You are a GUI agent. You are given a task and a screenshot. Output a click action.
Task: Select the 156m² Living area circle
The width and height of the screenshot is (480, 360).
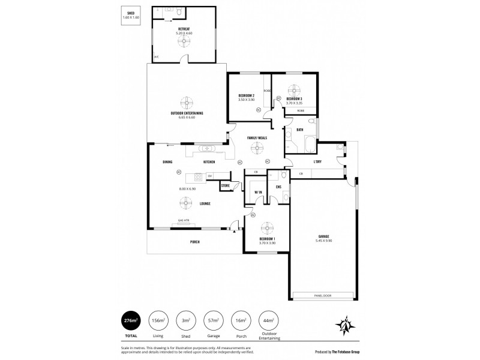(158, 321)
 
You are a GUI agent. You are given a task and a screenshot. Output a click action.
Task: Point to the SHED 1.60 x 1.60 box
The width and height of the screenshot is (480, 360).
(130, 16)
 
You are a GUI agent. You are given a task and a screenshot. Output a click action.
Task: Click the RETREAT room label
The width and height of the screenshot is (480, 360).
(184, 29)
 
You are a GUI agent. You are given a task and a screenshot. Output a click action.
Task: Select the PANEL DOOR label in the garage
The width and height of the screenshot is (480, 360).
(322, 295)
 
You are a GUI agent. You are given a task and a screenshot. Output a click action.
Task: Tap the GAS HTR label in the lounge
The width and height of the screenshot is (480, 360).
(184, 220)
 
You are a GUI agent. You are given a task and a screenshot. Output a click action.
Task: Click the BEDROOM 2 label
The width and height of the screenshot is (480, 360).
(247, 96)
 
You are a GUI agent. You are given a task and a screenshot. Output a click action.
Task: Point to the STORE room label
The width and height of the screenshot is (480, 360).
(226, 186)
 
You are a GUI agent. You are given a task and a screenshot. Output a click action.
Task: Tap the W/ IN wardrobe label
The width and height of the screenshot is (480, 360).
(258, 192)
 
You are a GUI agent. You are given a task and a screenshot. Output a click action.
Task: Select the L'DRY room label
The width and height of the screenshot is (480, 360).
(319, 162)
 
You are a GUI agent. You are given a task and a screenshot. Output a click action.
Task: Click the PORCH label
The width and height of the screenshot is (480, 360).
(194, 241)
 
